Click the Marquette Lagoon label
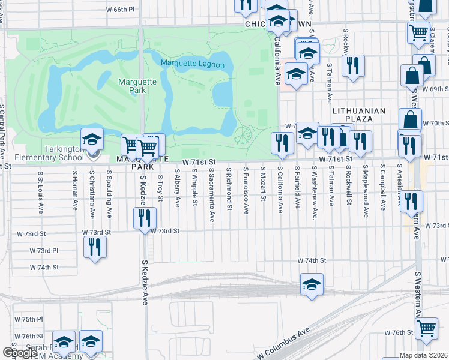tap(192, 64)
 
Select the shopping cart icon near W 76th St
tap(426, 328)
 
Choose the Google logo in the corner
tap(20, 353)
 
